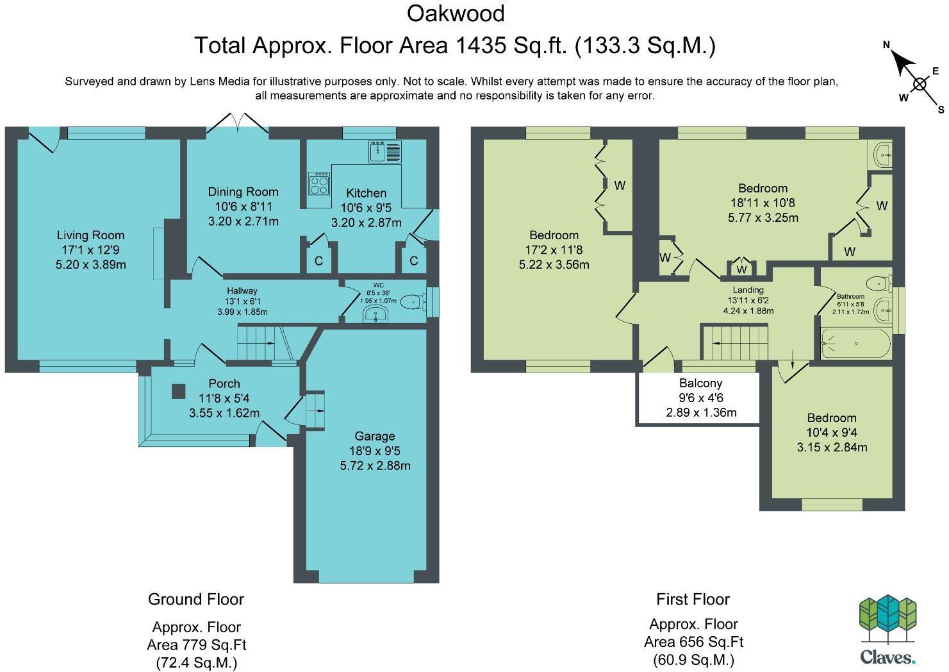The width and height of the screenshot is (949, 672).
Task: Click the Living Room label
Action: [x=90, y=235]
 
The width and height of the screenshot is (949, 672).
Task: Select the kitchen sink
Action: [x=384, y=151]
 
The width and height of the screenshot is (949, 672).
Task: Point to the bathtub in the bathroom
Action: [x=856, y=344]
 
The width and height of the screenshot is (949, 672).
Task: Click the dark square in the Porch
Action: [x=178, y=391]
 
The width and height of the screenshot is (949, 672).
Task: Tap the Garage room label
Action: [x=374, y=436]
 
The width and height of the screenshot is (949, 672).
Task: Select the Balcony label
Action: [x=701, y=383]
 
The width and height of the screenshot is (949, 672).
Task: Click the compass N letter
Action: [x=886, y=44]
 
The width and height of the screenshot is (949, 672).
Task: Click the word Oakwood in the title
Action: [x=456, y=13]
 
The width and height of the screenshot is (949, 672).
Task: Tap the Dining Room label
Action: [x=243, y=192]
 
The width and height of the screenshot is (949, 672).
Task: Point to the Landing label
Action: [x=748, y=290]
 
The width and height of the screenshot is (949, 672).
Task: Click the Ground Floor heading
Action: [x=196, y=600]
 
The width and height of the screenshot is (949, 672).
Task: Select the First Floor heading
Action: [x=693, y=600]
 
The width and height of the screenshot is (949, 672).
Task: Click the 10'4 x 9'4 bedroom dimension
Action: [x=832, y=432]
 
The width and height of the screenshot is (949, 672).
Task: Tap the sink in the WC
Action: [x=375, y=314]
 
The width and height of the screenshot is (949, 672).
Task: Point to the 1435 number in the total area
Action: [x=480, y=46]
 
